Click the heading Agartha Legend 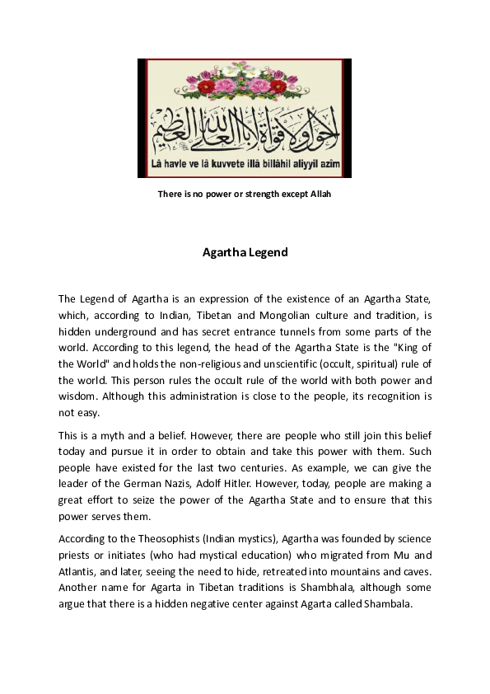click(x=245, y=252)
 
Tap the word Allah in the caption click(x=318, y=194)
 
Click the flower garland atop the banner click(x=244, y=83)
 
